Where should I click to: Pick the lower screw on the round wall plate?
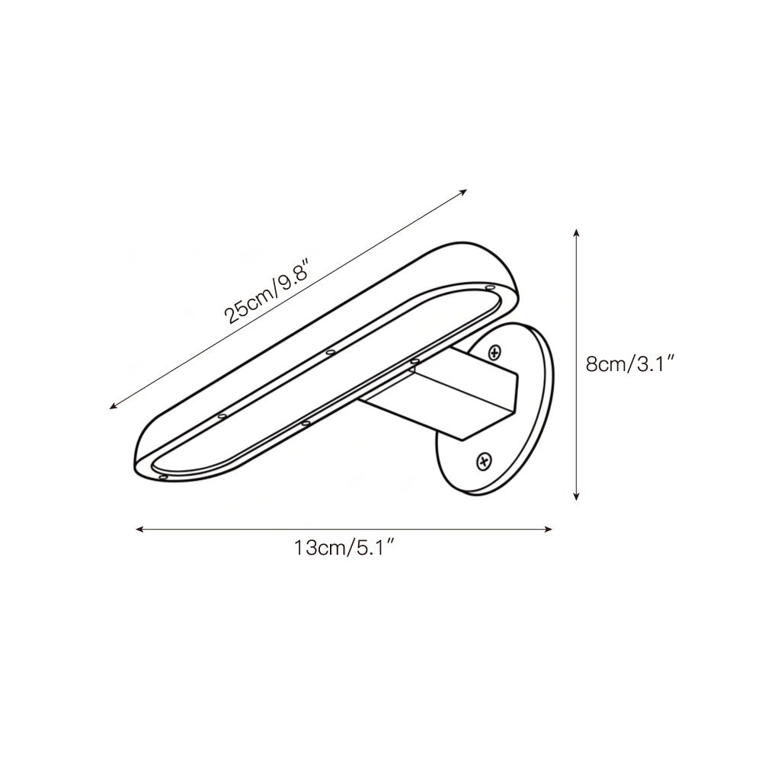coord(483,459)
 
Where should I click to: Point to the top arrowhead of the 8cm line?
coord(576,230)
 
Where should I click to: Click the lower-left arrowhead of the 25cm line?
coord(114,407)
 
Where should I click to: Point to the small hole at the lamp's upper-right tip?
coord(488,288)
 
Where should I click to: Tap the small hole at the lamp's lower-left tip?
coord(164,476)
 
